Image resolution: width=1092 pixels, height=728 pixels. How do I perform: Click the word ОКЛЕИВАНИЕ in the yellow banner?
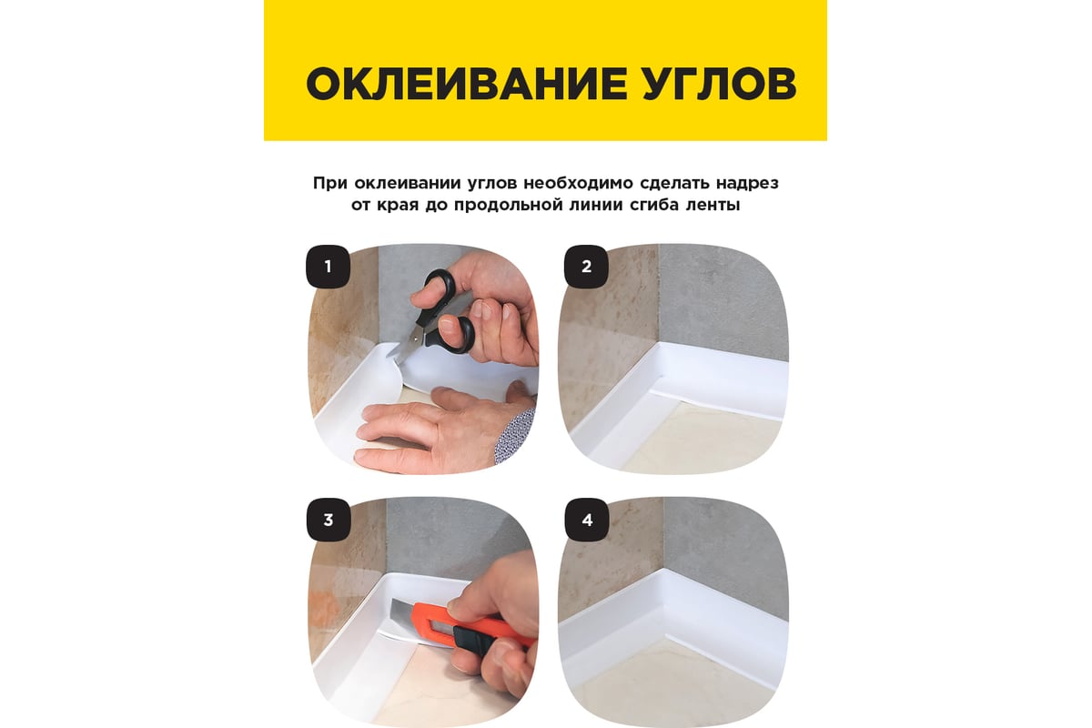[x=466, y=84]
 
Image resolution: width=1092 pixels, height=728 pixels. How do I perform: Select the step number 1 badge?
[x=328, y=267]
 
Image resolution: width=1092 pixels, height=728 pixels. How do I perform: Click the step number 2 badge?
[x=586, y=267]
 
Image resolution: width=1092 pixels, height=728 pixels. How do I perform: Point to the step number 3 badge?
[x=329, y=520]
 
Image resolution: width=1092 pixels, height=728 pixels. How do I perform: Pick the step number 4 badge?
[x=587, y=520]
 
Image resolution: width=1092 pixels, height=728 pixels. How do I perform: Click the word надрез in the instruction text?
[x=747, y=183]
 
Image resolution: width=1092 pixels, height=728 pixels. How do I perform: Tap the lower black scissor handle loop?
[x=457, y=334]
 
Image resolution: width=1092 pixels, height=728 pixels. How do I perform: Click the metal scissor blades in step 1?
[x=406, y=346]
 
